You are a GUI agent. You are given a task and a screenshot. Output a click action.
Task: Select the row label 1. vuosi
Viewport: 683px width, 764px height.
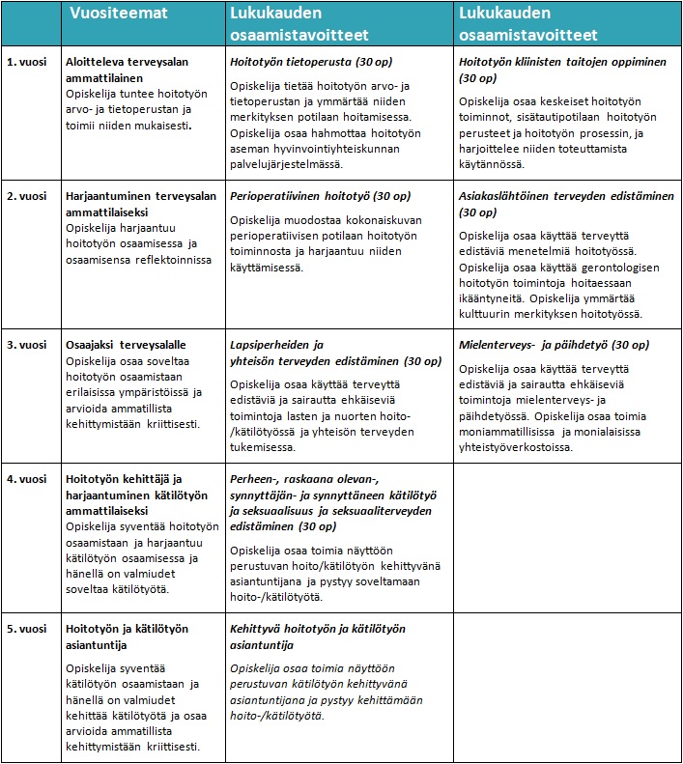[x=27, y=61]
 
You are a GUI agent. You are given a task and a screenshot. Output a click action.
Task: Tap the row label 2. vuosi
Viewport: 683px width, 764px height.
[x=27, y=195]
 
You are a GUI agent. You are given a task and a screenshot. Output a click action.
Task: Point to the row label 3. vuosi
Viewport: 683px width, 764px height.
[x=27, y=345]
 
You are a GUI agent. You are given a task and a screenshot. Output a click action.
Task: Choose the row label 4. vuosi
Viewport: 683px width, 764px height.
[x=27, y=478]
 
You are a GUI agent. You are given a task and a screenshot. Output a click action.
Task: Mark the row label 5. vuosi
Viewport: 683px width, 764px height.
[x=27, y=629]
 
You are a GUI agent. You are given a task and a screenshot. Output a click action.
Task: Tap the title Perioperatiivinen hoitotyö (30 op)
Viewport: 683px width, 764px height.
[x=315, y=195]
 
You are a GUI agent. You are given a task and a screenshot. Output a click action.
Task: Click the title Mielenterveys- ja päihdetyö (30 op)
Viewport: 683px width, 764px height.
[x=554, y=345]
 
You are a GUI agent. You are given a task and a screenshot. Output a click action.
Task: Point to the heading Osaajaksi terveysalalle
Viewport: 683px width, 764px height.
[x=126, y=345]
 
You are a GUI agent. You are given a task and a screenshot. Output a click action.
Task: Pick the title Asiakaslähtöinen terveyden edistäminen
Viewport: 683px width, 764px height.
[x=566, y=195]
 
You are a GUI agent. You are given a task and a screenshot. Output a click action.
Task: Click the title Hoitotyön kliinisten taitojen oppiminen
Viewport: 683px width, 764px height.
[x=563, y=61]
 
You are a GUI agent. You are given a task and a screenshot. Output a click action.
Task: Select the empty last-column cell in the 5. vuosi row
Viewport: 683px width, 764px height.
[x=566, y=687]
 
